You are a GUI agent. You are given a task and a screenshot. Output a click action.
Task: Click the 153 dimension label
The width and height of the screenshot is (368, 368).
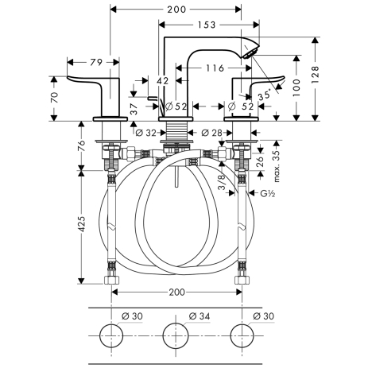207,25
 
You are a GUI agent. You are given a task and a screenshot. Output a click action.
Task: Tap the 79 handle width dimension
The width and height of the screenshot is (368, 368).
96,63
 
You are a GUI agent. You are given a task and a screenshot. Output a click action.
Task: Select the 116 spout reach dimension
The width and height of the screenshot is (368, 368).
215,68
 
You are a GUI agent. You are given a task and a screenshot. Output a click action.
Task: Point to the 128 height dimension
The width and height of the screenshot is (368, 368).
316,75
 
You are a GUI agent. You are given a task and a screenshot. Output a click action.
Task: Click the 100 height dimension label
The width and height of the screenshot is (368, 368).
296,87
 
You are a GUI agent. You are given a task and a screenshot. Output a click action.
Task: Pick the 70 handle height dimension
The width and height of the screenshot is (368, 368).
54,97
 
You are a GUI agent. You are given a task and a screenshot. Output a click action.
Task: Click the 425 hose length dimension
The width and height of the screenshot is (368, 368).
82,224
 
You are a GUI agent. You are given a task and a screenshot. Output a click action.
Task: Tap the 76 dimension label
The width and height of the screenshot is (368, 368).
82,145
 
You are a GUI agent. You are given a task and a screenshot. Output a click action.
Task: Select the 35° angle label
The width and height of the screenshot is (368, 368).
265,95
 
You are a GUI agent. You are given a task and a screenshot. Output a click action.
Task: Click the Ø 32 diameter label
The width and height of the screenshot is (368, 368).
145,133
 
